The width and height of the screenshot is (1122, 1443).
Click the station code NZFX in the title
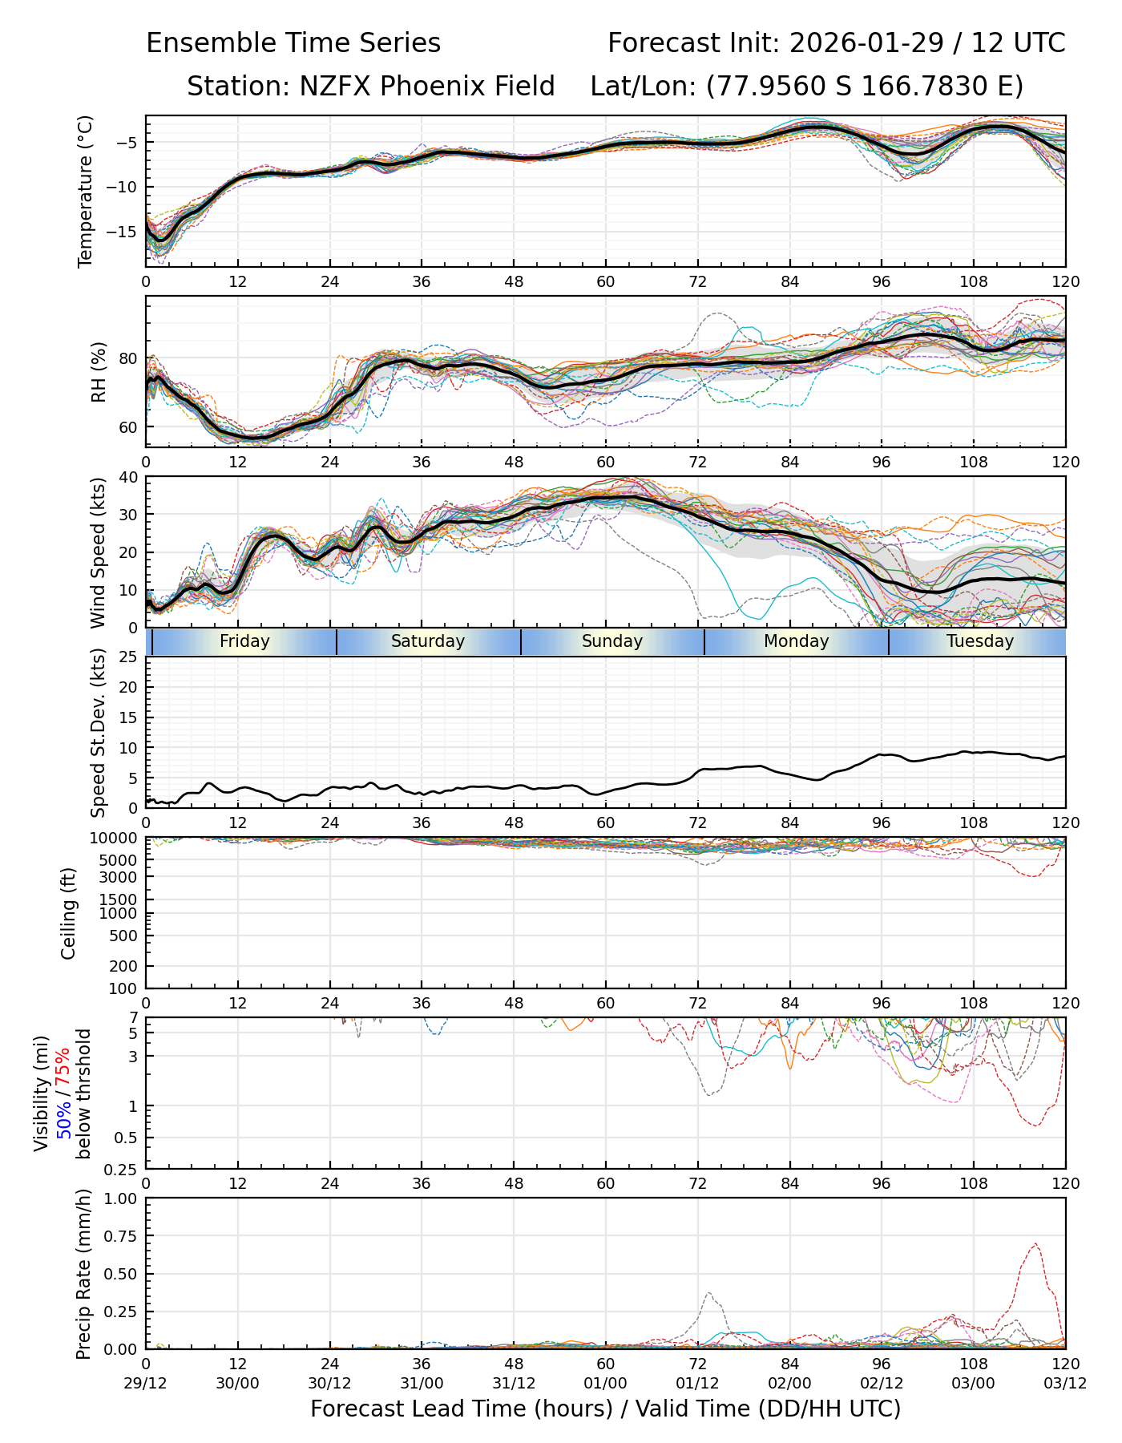click(x=336, y=86)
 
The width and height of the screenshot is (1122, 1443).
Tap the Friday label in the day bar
click(x=244, y=641)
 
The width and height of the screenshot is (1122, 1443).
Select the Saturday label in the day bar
click(x=428, y=641)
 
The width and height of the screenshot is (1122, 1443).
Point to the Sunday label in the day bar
click(x=612, y=641)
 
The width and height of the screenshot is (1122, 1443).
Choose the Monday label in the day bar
click(x=796, y=641)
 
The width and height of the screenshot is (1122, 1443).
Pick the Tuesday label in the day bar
click(x=980, y=641)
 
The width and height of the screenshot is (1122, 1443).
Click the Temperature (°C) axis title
click(x=86, y=191)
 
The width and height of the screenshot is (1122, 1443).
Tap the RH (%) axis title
click(x=99, y=371)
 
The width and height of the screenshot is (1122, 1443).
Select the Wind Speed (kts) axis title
click(x=99, y=552)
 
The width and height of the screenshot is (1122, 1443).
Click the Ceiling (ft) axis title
click(x=69, y=913)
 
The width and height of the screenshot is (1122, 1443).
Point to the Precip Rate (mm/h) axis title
click(x=83, y=1273)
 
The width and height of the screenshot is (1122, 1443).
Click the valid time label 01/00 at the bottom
click(x=606, y=1383)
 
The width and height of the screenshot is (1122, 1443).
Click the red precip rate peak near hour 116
click(x=1035, y=1243)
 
